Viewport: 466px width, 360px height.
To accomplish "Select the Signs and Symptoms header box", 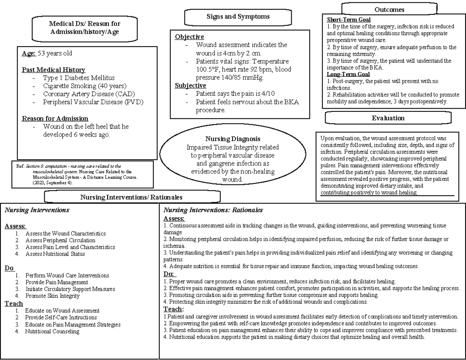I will click(238, 17).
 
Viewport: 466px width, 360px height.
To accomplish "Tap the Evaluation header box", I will click(388, 118).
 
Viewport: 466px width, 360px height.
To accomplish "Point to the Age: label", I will click(29, 53).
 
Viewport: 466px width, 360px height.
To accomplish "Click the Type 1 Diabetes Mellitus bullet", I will click(79, 78).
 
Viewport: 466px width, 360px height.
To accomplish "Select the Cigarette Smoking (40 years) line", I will click(85, 86).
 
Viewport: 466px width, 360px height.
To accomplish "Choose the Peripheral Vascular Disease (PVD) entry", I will click(93, 102).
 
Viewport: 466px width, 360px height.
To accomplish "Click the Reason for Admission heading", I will click(55, 118).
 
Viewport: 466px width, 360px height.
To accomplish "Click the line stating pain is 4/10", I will click(235, 94).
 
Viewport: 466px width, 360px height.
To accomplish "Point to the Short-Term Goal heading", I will click(348, 19).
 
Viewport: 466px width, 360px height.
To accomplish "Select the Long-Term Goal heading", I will click(348, 74).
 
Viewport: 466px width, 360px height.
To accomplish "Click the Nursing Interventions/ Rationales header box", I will click(131, 197).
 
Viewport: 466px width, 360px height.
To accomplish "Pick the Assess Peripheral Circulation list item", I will click(60, 240).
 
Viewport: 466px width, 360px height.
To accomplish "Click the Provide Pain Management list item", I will click(57, 282).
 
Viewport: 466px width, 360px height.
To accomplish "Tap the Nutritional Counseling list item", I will click(52, 331).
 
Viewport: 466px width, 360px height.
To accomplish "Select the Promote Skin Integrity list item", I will click(52, 296).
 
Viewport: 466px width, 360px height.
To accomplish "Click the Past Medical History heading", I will click(53, 70).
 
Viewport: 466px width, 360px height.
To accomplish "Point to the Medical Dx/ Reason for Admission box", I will click(84, 28).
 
